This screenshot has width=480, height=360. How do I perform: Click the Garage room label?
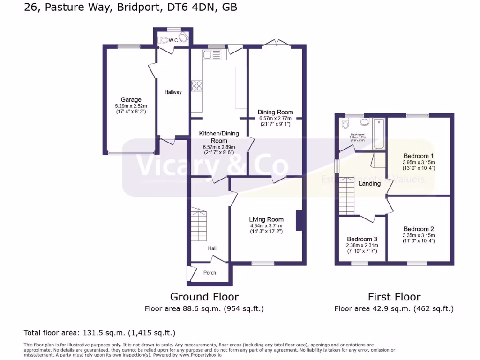(131, 100)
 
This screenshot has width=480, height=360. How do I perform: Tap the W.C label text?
(173, 40)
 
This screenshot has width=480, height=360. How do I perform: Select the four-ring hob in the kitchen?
(197, 86)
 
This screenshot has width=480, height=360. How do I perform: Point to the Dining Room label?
(275, 112)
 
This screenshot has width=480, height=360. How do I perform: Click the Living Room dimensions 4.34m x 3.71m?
(266, 225)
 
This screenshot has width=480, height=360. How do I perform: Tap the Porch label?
(210, 273)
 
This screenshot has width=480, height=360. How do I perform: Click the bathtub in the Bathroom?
(378, 134)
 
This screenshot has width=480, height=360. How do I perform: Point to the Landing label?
(369, 183)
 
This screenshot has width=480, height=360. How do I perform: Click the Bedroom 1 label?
(418, 156)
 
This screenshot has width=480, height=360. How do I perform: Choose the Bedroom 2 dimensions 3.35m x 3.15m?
(418, 235)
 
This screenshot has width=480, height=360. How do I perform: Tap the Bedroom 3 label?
(362, 239)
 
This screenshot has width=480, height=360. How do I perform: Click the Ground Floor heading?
(204, 297)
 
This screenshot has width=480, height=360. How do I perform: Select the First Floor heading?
(394, 297)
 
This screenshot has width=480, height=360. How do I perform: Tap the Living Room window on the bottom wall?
(262, 263)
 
